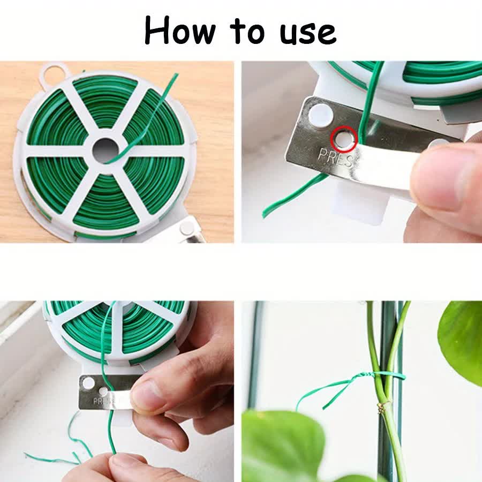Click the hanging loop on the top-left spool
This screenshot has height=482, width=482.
(x=54, y=73)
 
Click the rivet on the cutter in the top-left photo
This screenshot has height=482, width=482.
(x=186, y=228)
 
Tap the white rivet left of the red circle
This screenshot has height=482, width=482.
(x=320, y=114)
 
